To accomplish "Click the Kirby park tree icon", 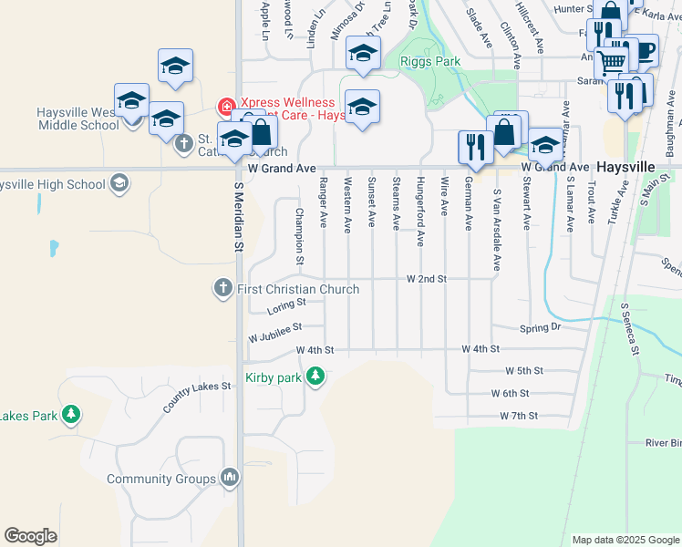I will (315, 377).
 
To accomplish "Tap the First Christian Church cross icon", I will (222, 289).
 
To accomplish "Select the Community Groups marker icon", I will (229, 478).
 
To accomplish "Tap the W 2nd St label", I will (426, 278).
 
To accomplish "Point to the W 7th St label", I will (519, 416).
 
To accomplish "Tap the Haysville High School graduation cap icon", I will (118, 184).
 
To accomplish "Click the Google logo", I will (30, 536).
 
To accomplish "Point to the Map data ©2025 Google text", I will (625, 540).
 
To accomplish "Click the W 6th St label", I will (510, 394).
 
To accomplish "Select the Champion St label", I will (298, 237).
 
